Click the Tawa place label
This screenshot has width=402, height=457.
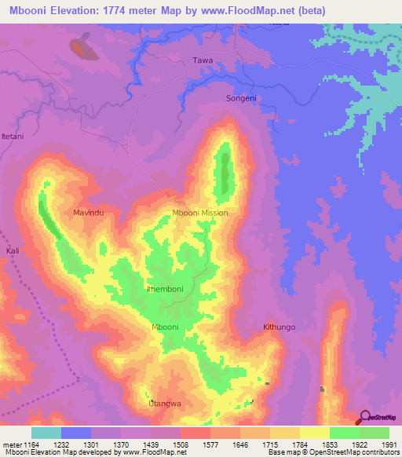point(203,60)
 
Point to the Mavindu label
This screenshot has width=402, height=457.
point(89,213)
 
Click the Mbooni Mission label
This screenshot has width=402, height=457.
point(200,213)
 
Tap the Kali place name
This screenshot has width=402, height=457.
point(12,250)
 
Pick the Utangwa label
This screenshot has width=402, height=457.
point(165,404)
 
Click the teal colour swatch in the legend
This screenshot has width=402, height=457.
point(46,433)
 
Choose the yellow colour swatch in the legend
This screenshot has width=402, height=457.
point(314,433)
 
